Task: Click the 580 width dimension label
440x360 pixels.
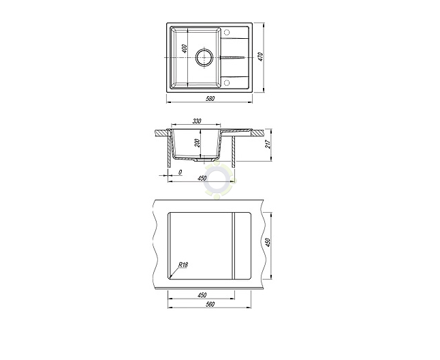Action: [210, 99]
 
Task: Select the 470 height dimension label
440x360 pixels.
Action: [260, 57]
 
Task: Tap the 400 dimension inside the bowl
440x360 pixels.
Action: [185, 48]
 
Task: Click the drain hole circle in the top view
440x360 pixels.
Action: [204, 57]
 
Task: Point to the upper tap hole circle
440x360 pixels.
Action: [227, 32]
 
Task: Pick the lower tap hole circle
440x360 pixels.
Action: [227, 82]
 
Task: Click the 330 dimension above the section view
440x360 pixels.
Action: [197, 121]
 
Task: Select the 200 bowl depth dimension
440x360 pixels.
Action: [198, 143]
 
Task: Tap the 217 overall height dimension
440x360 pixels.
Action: [268, 145]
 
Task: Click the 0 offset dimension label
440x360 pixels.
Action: [180, 172]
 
